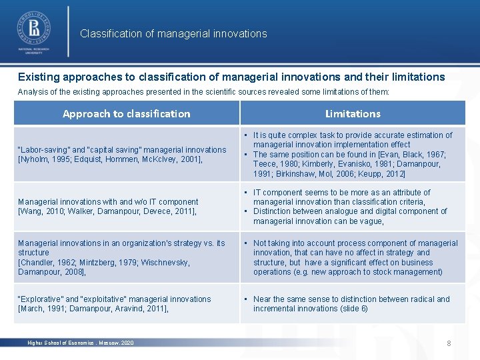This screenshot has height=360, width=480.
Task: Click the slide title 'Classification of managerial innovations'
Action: (173, 33)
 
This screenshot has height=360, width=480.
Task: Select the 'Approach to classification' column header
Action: (126, 113)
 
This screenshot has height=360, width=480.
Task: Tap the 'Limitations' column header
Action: (353, 113)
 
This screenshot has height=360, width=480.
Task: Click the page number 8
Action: (449, 343)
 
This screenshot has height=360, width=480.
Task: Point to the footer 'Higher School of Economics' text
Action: (80, 343)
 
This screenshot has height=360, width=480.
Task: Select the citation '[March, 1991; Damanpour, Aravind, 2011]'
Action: (93, 309)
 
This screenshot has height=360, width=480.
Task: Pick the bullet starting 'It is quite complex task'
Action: (352, 139)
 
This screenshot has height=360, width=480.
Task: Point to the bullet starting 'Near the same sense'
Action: (352, 303)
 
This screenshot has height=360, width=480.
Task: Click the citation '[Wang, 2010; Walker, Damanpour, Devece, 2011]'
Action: (107, 211)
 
